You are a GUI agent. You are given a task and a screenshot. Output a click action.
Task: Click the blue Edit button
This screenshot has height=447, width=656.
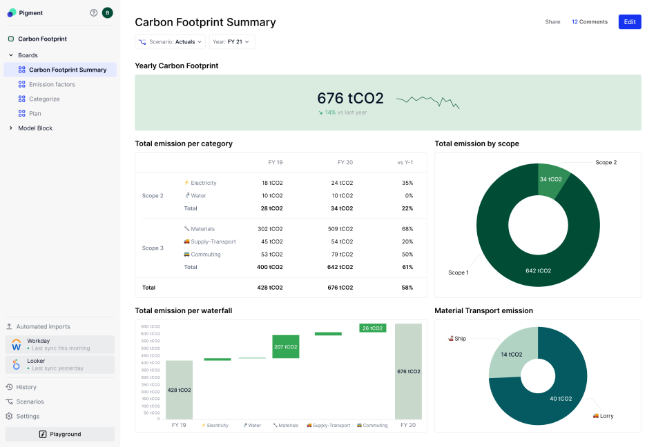629,22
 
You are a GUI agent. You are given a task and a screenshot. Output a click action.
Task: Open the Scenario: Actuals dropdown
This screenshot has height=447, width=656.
170,42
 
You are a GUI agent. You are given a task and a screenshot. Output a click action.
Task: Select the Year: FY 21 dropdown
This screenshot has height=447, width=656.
232,42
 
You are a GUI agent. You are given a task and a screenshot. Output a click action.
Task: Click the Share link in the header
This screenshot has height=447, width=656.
552,22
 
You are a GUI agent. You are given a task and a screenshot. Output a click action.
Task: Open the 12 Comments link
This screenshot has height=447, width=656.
589,22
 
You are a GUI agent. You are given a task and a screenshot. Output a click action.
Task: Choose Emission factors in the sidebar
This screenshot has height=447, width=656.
52,84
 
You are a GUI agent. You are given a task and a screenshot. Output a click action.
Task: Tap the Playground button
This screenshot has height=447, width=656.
60,434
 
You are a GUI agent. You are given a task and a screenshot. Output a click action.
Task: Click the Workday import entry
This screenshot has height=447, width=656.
60,344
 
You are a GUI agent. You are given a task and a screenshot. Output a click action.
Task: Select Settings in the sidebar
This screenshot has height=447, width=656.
28,416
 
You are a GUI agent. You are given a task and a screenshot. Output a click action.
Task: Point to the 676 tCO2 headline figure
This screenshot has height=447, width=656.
350,98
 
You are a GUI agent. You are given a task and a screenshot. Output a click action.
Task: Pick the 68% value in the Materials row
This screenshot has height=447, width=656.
407,229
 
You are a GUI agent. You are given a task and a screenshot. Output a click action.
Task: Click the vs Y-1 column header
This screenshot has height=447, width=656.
405,163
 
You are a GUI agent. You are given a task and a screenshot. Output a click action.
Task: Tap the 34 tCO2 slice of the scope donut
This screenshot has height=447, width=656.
550,179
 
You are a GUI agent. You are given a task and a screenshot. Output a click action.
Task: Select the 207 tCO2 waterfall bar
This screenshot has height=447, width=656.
285,346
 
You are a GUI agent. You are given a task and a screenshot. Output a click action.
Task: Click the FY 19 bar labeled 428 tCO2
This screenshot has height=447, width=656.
179,390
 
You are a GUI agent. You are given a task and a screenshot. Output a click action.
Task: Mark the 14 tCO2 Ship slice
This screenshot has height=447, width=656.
512,355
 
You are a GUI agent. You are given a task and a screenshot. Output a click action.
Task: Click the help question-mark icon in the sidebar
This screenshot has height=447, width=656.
94,12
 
